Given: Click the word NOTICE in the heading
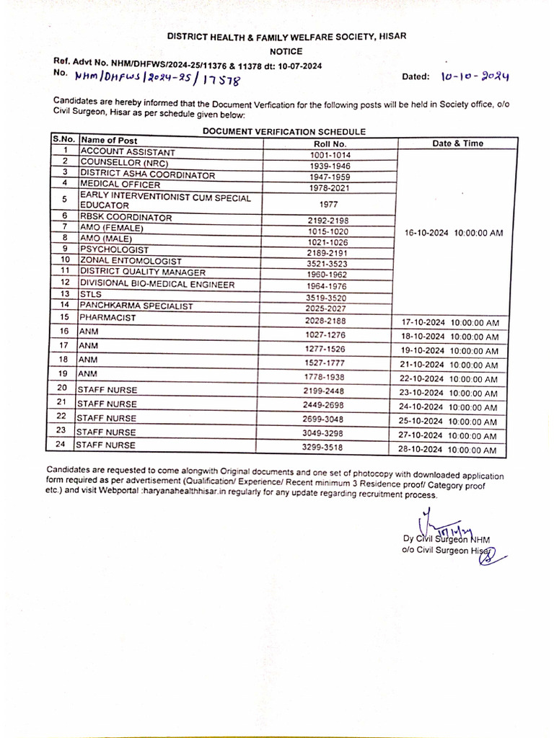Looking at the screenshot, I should (286, 51).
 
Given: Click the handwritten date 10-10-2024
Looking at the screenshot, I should (475, 76).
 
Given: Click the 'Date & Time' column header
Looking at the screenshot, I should (457, 143).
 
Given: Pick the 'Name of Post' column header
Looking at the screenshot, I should (109, 141).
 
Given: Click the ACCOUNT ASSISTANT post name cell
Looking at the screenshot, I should (128, 152).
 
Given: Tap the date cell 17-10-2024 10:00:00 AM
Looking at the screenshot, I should (449, 323).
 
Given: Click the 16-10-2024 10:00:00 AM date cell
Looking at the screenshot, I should (449, 233).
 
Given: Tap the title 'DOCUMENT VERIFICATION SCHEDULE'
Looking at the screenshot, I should (284, 131).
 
